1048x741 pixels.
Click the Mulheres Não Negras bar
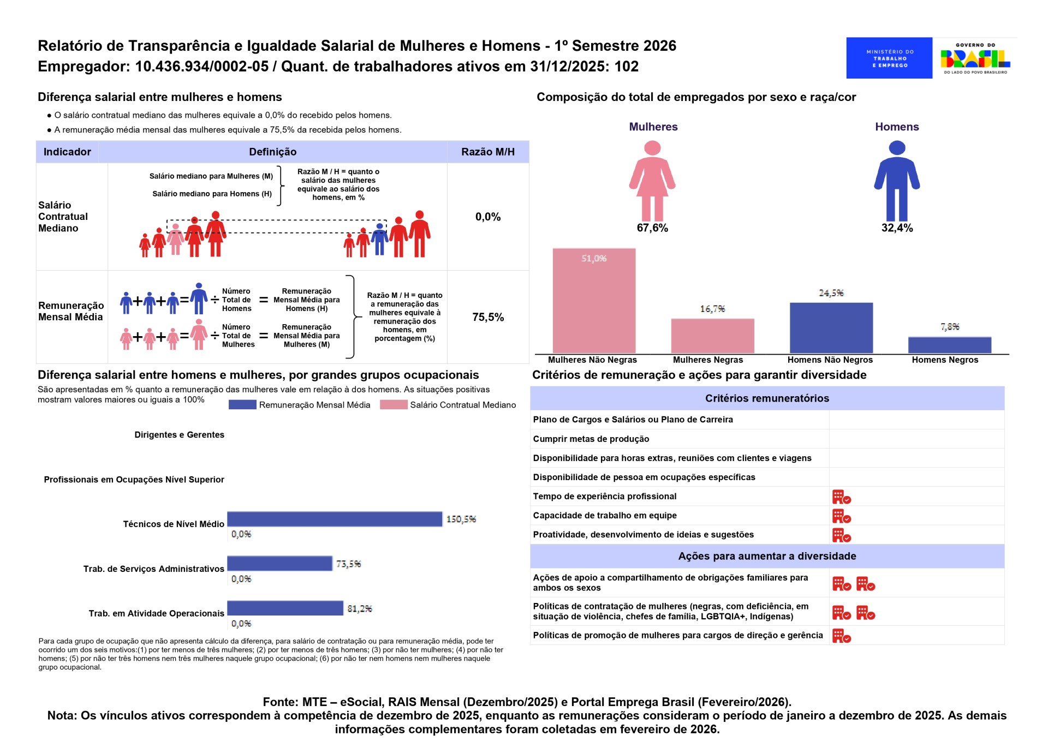click(594, 301)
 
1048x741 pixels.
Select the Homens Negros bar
click(949, 345)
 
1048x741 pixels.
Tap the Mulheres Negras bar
click(712, 336)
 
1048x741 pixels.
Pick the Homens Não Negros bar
click(831, 327)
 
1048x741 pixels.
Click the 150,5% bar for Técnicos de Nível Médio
click(335, 519)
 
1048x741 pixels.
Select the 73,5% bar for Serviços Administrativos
click(279, 563)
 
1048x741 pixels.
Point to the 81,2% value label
click(360, 608)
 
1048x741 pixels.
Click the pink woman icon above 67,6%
click(652, 181)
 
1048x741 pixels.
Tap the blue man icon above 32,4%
click(897, 181)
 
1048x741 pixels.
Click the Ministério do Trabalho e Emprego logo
click(889, 58)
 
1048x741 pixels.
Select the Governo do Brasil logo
click(975, 58)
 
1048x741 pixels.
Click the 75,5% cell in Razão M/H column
click(488, 317)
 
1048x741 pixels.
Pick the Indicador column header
click(67, 152)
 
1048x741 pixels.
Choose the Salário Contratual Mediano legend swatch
click(393, 404)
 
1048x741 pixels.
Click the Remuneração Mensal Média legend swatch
click(242, 404)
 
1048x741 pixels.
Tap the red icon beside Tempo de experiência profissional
click(841, 497)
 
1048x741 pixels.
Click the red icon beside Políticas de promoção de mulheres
click(841, 636)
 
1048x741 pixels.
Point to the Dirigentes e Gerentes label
click(179, 435)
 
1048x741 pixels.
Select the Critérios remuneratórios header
click(767, 398)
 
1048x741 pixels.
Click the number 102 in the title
click(627, 67)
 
